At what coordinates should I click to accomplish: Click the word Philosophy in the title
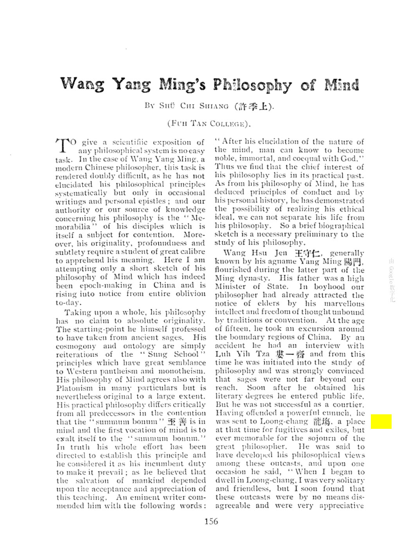252,85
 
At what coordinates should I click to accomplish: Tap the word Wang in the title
82,84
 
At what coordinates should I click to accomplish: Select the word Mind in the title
342,84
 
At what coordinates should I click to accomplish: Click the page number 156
211,521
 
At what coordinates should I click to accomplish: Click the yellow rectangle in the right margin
381,422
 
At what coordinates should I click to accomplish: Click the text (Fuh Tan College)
209,124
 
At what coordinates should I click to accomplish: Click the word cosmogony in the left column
76,346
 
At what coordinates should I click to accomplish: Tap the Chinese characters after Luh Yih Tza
290,354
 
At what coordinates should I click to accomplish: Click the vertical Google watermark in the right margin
392,280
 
